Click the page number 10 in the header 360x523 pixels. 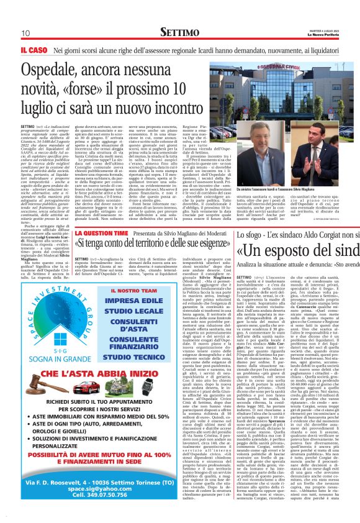click(x=25, y=34)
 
